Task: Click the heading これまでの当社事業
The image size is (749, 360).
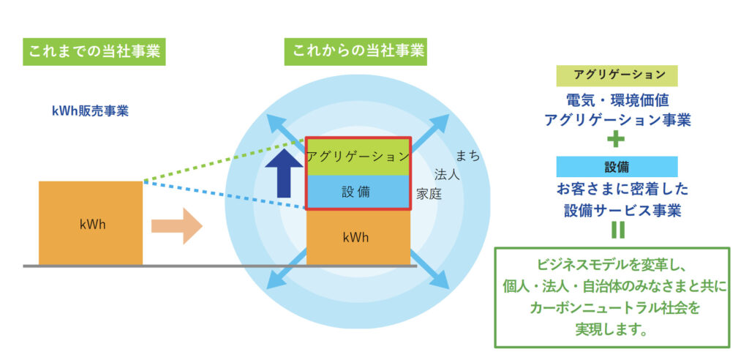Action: tap(94, 52)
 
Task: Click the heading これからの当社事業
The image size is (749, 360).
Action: tap(356, 52)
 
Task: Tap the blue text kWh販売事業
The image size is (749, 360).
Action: tap(90, 111)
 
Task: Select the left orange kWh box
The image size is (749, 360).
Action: tap(91, 222)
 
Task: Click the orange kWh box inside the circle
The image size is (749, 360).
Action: tap(358, 237)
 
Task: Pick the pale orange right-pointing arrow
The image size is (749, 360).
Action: tap(177, 226)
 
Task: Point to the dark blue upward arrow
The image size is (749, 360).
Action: tap(284, 173)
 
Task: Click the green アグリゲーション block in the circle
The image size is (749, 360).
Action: tap(358, 157)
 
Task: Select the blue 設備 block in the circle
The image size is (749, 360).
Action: tap(358, 192)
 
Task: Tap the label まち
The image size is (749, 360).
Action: tap(467, 156)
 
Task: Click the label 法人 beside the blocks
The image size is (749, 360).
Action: tap(447, 174)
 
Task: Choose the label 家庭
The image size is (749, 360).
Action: tap(429, 194)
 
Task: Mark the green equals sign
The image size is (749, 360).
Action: tap(617, 230)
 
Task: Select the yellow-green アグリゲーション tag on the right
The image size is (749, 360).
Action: tap(617, 75)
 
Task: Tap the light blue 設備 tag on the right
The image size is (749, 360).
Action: tap(617, 167)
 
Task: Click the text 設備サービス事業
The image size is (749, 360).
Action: tap(622, 211)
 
